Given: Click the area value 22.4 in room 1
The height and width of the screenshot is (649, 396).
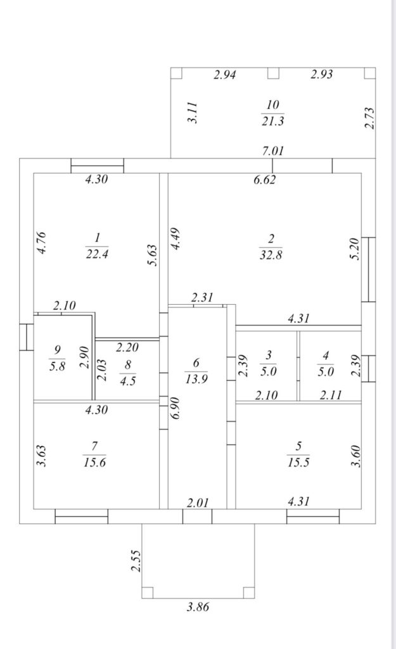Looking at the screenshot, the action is [x=97, y=254].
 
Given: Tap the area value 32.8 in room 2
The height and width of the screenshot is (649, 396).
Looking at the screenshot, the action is [x=271, y=255].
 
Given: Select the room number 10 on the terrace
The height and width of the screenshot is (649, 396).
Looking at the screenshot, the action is [x=272, y=105].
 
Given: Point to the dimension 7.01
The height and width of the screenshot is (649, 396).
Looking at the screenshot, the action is [x=273, y=151].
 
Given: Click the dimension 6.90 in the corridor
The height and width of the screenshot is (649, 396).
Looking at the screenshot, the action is [x=176, y=408].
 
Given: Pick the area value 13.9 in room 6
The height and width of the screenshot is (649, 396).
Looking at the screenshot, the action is [x=196, y=379].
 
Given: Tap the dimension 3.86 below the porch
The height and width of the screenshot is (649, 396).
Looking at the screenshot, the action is [x=198, y=607].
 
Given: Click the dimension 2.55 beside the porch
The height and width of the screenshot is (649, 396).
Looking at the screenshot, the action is [x=136, y=561].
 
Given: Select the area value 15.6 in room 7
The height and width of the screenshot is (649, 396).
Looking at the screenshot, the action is [x=95, y=462].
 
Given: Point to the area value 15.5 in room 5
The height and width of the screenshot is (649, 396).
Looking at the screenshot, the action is [x=298, y=462].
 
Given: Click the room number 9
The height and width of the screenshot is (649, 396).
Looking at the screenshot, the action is [x=58, y=350].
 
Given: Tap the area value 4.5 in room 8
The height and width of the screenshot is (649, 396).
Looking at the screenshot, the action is [x=127, y=380].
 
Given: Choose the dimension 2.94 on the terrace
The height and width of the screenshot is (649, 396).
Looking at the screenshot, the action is [x=225, y=75].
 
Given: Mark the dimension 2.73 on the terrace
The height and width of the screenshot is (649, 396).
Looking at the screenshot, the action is [x=369, y=118].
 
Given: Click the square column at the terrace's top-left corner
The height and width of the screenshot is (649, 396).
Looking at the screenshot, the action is [x=176, y=73].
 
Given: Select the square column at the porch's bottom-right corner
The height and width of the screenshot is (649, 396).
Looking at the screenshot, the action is [x=249, y=593].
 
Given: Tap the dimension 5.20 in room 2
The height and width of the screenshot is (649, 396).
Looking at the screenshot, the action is [x=355, y=248].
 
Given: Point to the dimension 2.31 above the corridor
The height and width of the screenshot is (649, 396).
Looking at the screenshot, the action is [x=202, y=297].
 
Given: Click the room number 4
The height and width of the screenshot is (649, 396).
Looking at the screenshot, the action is [x=326, y=356].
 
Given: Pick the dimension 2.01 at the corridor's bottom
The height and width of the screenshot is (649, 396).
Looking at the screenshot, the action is [x=198, y=503].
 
